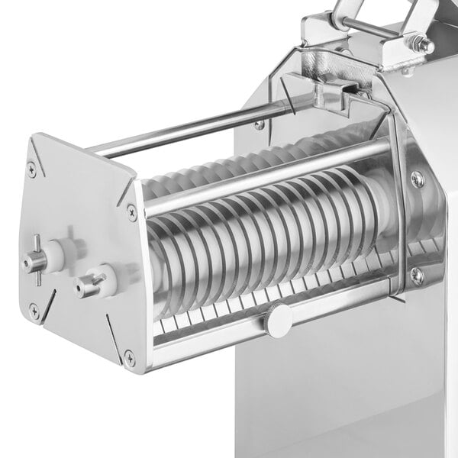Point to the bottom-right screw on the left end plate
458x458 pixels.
pyautogui.click(x=131, y=356)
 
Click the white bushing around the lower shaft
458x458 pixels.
pyautogui.click(x=105, y=280)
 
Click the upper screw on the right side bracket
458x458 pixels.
pyautogui.click(x=416, y=179)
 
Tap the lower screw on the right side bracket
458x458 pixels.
pyautogui.click(x=416, y=276)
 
